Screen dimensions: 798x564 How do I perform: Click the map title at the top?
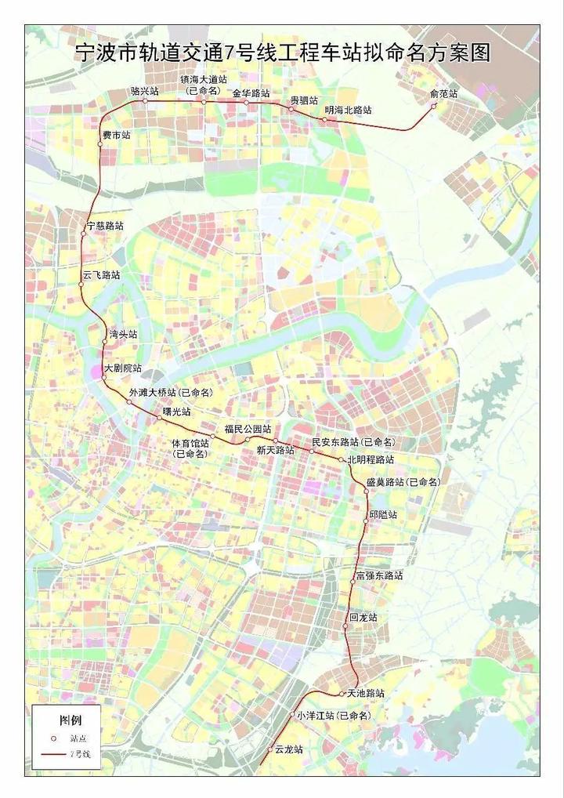[281, 53]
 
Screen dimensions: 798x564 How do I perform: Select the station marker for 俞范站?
[433, 106]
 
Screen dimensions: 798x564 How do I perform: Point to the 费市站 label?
[116, 136]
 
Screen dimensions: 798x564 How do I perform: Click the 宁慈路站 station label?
[105, 226]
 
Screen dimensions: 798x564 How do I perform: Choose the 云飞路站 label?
[102, 275]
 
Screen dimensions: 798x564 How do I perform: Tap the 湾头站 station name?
[123, 334]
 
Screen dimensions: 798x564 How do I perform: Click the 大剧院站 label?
[123, 368]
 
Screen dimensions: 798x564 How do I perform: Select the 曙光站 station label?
[176, 410]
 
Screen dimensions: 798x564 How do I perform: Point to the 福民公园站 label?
[248, 429]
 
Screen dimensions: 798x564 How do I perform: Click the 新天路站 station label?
[275, 450]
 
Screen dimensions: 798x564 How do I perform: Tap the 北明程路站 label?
[371, 459]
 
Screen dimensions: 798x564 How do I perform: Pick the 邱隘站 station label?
[383, 514]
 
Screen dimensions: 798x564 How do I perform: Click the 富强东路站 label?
[379, 575]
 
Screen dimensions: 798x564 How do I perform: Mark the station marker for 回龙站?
[345, 626]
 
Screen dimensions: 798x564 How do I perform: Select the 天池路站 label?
[366, 693]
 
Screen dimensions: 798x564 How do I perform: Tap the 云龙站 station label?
[289, 749]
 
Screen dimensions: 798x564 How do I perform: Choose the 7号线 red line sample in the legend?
[52, 754]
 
